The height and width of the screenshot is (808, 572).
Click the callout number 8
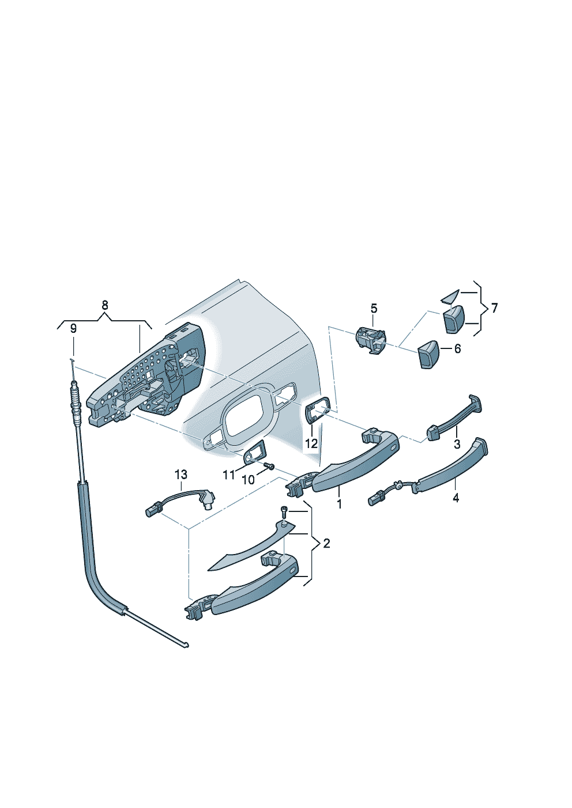[x=104, y=305]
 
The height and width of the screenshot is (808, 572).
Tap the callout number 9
[x=73, y=329]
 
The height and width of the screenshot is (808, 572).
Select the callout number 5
[x=374, y=309]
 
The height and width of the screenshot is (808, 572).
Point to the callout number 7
[x=494, y=308]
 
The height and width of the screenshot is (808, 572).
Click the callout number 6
[x=457, y=349]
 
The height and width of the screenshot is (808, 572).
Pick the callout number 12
[x=311, y=443]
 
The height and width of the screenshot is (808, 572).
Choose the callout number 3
[x=457, y=444]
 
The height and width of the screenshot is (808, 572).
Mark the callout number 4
[x=456, y=498]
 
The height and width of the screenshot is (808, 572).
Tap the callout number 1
[x=340, y=504]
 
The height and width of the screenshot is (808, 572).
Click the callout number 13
[x=181, y=475]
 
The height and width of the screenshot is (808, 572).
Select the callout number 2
[x=326, y=544]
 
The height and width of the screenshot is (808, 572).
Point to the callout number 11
[x=229, y=476]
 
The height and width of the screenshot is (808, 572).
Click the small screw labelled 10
[x=269, y=466]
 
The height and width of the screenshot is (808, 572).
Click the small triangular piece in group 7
[x=449, y=297]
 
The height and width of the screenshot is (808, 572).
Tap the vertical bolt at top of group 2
[x=284, y=513]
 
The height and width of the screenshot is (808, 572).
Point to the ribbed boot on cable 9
[x=76, y=399]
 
